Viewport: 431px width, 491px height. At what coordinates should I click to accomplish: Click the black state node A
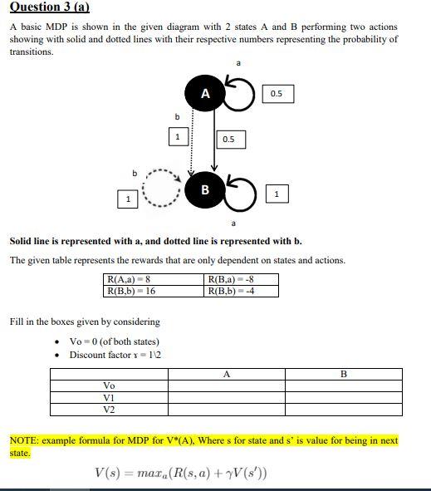pyautogui.click(x=205, y=94)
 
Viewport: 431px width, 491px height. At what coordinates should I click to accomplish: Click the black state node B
pyautogui.click(x=205, y=190)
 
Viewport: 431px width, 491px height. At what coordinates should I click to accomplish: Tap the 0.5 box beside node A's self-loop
pyautogui.click(x=277, y=94)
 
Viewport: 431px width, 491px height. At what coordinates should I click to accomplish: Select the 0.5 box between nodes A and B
pyautogui.click(x=228, y=139)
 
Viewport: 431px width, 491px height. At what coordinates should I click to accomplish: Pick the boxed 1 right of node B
pyautogui.click(x=277, y=194)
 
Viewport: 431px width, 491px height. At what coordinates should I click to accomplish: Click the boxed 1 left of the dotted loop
pyautogui.click(x=128, y=199)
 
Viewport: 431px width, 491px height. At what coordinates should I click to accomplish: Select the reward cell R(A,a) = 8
pyautogui.click(x=130, y=280)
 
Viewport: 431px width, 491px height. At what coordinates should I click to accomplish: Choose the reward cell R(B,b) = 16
pyautogui.click(x=132, y=292)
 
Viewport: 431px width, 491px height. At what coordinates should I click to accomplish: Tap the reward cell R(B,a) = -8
pyautogui.click(x=232, y=280)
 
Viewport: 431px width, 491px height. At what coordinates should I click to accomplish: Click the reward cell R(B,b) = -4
pyautogui.click(x=232, y=292)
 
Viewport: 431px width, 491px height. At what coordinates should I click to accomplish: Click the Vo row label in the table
pyautogui.click(x=109, y=385)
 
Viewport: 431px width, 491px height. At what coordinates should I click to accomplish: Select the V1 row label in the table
pyautogui.click(x=109, y=398)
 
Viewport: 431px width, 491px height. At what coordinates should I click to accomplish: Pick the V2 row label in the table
pyautogui.click(x=109, y=410)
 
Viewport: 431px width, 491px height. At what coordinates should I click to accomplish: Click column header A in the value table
pyautogui.click(x=227, y=374)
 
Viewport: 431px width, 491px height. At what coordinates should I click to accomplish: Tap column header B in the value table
pyautogui.click(x=344, y=374)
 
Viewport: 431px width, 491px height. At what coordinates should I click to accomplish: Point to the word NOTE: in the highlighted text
pyautogui.click(x=26, y=440)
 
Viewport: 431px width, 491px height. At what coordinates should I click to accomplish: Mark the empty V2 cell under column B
pyautogui.click(x=344, y=410)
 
